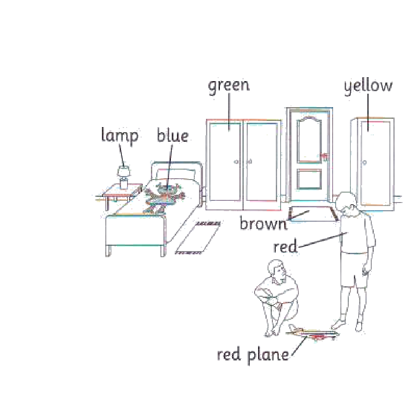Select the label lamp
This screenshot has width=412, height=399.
(x=120, y=135)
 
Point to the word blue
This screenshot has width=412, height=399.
(x=173, y=135)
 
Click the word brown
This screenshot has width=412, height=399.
(x=264, y=224)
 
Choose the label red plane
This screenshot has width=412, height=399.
(x=253, y=355)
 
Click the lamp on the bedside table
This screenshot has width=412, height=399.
(x=124, y=177)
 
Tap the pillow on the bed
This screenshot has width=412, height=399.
(x=176, y=174)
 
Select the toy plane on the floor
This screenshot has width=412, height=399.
(x=312, y=333)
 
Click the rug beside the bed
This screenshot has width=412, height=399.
(x=198, y=238)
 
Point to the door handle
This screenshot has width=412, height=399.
(x=325, y=157)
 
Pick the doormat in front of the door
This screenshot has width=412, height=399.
(x=313, y=214)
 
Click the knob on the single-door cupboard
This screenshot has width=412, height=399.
(x=364, y=163)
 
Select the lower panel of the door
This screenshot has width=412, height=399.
(x=309, y=179)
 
